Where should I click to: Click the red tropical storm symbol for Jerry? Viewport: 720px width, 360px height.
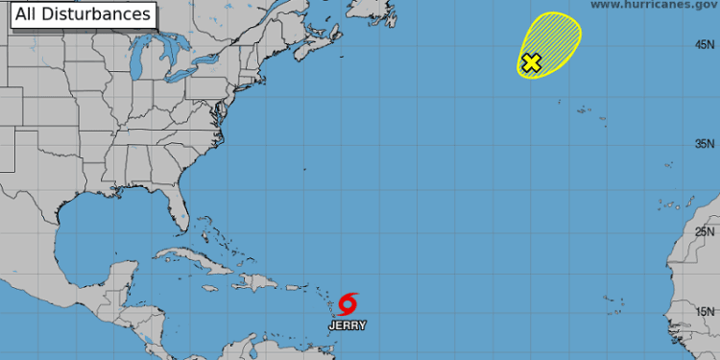click(348, 304)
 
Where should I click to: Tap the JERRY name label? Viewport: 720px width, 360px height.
click(348, 325)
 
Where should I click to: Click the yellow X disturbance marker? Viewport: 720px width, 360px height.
click(531, 63)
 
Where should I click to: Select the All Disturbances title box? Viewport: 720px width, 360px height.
click(78, 14)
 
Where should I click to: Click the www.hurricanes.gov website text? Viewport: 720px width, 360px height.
click(652, 5)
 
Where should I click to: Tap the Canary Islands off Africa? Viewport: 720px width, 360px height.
click(675, 204)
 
